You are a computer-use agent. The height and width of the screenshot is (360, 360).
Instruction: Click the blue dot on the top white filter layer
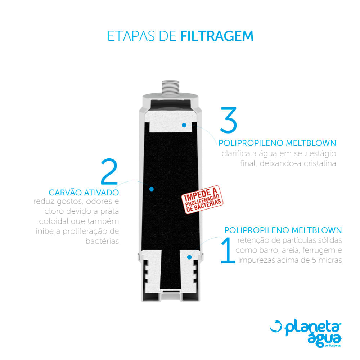click(184, 125)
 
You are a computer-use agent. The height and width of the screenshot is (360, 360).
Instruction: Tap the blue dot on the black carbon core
click(152, 189)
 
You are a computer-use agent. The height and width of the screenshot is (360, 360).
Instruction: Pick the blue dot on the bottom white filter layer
click(189, 257)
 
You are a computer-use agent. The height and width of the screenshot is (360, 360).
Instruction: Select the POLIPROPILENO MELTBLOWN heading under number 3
click(277, 143)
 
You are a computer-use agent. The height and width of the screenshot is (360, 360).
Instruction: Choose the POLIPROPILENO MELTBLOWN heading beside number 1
click(283, 230)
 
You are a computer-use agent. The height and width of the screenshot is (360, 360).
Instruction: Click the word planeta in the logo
click(311, 329)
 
